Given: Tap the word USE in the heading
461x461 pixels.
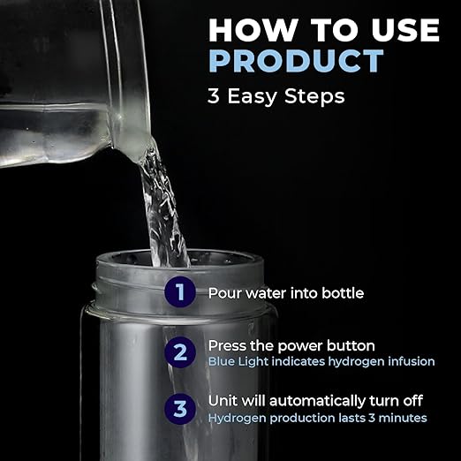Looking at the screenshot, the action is tap(405, 30).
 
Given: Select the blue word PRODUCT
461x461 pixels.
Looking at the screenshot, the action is tap(296, 61).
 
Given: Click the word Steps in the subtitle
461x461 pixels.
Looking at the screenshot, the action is tap(314, 96).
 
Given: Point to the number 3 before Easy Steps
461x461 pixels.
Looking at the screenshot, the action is tap(214, 96).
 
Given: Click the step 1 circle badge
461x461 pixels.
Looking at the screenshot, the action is tap(180, 292).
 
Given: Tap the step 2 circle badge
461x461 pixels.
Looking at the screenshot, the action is tap(180, 352).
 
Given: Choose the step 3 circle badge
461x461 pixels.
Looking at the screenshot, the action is tap(180, 409).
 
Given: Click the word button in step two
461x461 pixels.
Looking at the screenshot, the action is tap(351, 345).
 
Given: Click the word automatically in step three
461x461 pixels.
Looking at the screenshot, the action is tap(317, 402).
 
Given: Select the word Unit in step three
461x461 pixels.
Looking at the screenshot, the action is tap(223, 401).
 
